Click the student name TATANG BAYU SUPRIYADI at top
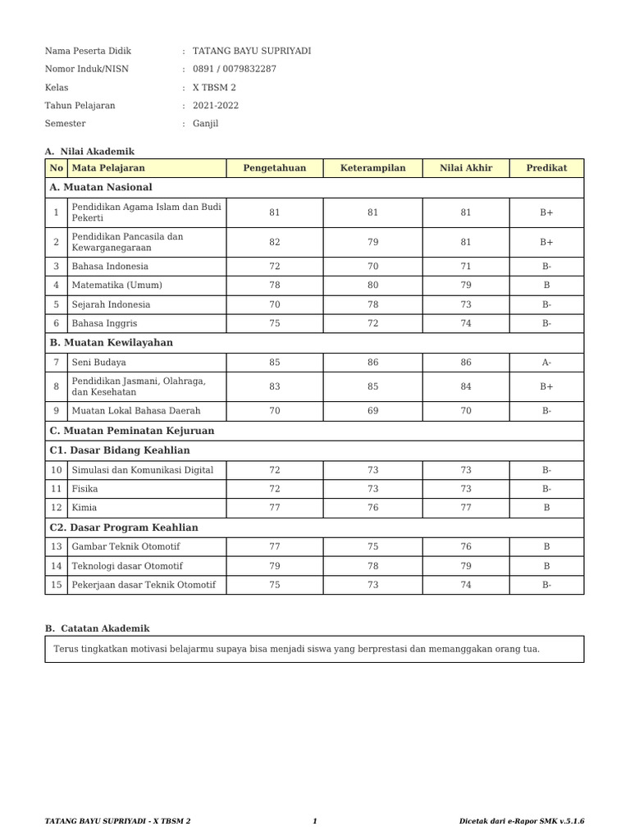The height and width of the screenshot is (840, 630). pyautogui.click(x=251, y=51)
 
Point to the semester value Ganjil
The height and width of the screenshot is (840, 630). pyautogui.click(x=205, y=124)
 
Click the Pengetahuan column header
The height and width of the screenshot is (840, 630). pyautogui.click(x=274, y=168)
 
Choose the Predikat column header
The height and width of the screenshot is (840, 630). pyautogui.click(x=546, y=168)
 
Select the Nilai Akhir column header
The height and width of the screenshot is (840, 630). pyautogui.click(x=466, y=168)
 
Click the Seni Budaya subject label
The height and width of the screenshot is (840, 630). pyautogui.click(x=98, y=362)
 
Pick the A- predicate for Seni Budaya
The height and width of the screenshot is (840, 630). pyautogui.click(x=546, y=362)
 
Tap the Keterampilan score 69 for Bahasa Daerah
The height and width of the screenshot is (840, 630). pyautogui.click(x=373, y=410)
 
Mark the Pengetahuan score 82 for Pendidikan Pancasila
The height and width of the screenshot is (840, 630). pyautogui.click(x=274, y=242)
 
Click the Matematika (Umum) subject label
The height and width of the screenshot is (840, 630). pyautogui.click(x=116, y=285)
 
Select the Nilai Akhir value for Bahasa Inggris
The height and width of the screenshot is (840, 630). pyautogui.click(x=466, y=323)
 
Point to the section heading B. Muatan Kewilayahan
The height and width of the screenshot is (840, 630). pyautogui.click(x=111, y=343)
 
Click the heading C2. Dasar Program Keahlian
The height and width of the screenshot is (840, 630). pyautogui.click(x=124, y=527)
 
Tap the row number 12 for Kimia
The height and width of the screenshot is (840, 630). pyautogui.click(x=56, y=508)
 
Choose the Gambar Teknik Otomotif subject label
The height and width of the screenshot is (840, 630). pyautogui.click(x=126, y=546)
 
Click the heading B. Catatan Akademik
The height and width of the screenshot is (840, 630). pyautogui.click(x=97, y=628)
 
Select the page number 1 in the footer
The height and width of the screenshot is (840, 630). pyautogui.click(x=315, y=820)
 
